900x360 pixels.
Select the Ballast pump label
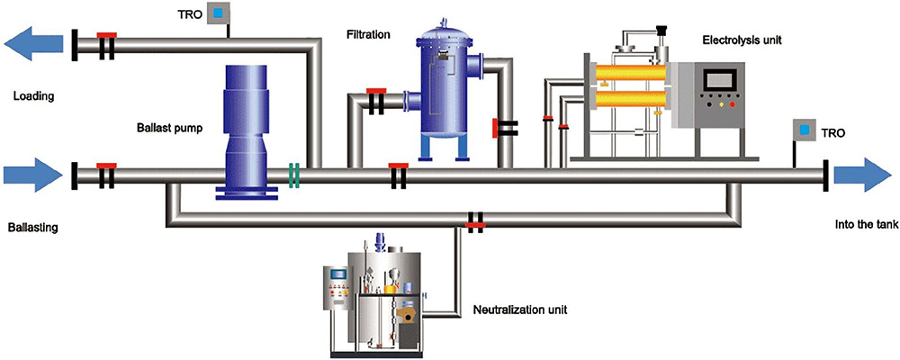pos(170,129)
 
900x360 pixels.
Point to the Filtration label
pos(368,35)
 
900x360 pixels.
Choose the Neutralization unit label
pos(519,310)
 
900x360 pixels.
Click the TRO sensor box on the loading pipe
pos(218,13)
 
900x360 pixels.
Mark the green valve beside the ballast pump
pos(293,175)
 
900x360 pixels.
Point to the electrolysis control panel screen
pos(720,80)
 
